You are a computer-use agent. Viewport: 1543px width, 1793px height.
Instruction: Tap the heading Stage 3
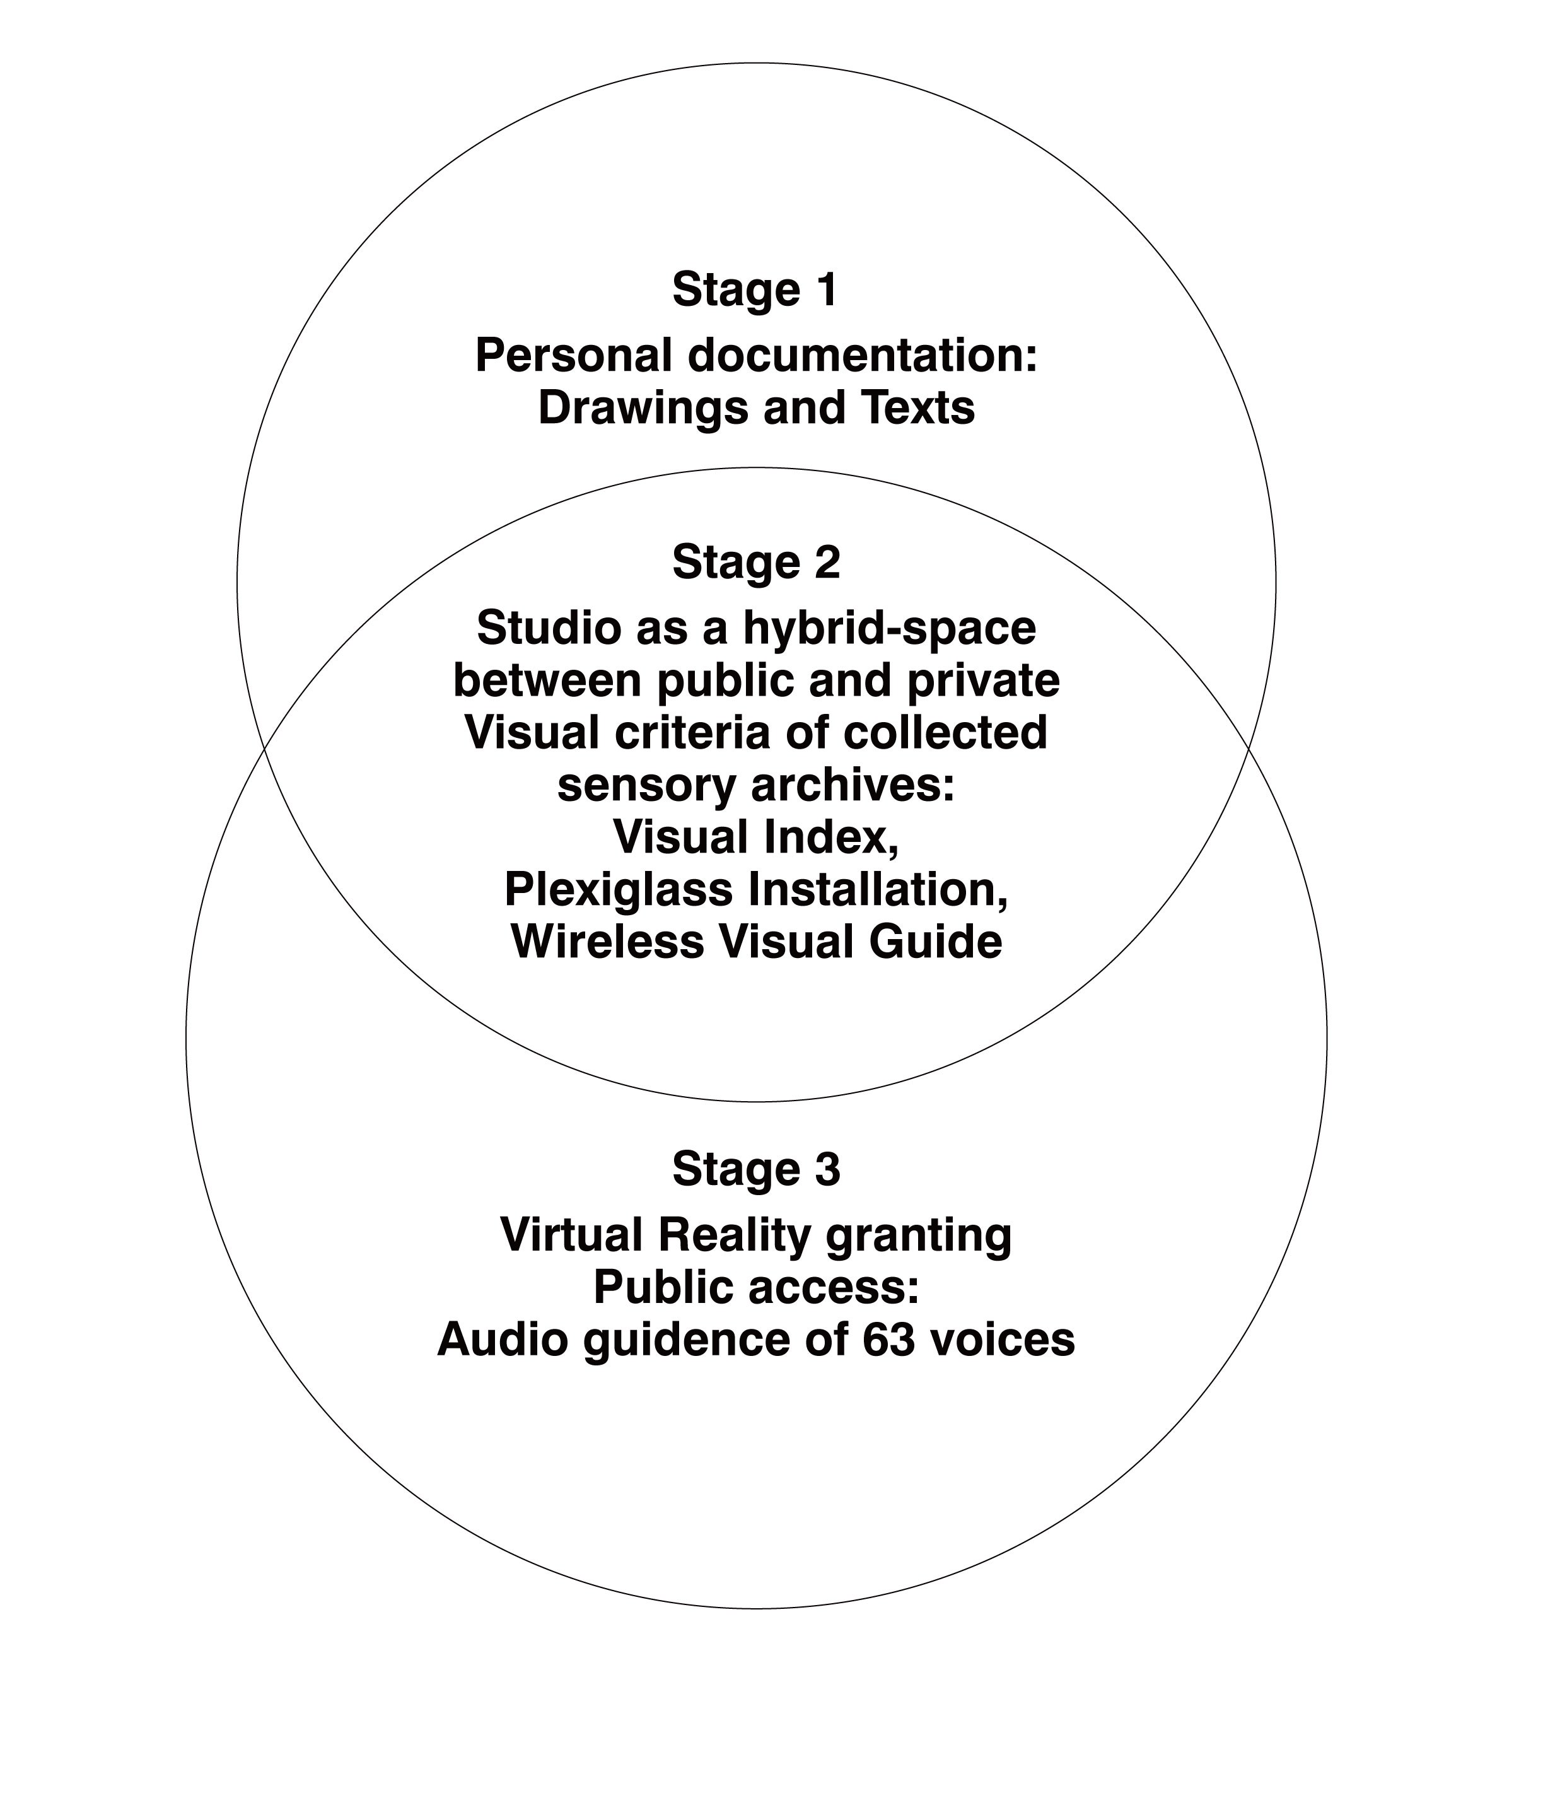pyautogui.click(x=756, y=1171)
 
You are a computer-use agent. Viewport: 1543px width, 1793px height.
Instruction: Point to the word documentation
pyautogui.click(x=863, y=356)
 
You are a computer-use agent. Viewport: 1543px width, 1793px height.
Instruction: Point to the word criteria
pyautogui.click(x=685, y=733)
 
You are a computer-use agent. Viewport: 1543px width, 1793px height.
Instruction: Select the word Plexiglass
pyautogui.click(x=619, y=891)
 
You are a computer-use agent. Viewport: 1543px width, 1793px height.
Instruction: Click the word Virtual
pyautogui.click(x=572, y=1235)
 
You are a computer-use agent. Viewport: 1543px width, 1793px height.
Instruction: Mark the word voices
pyautogui.click(x=1004, y=1340)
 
